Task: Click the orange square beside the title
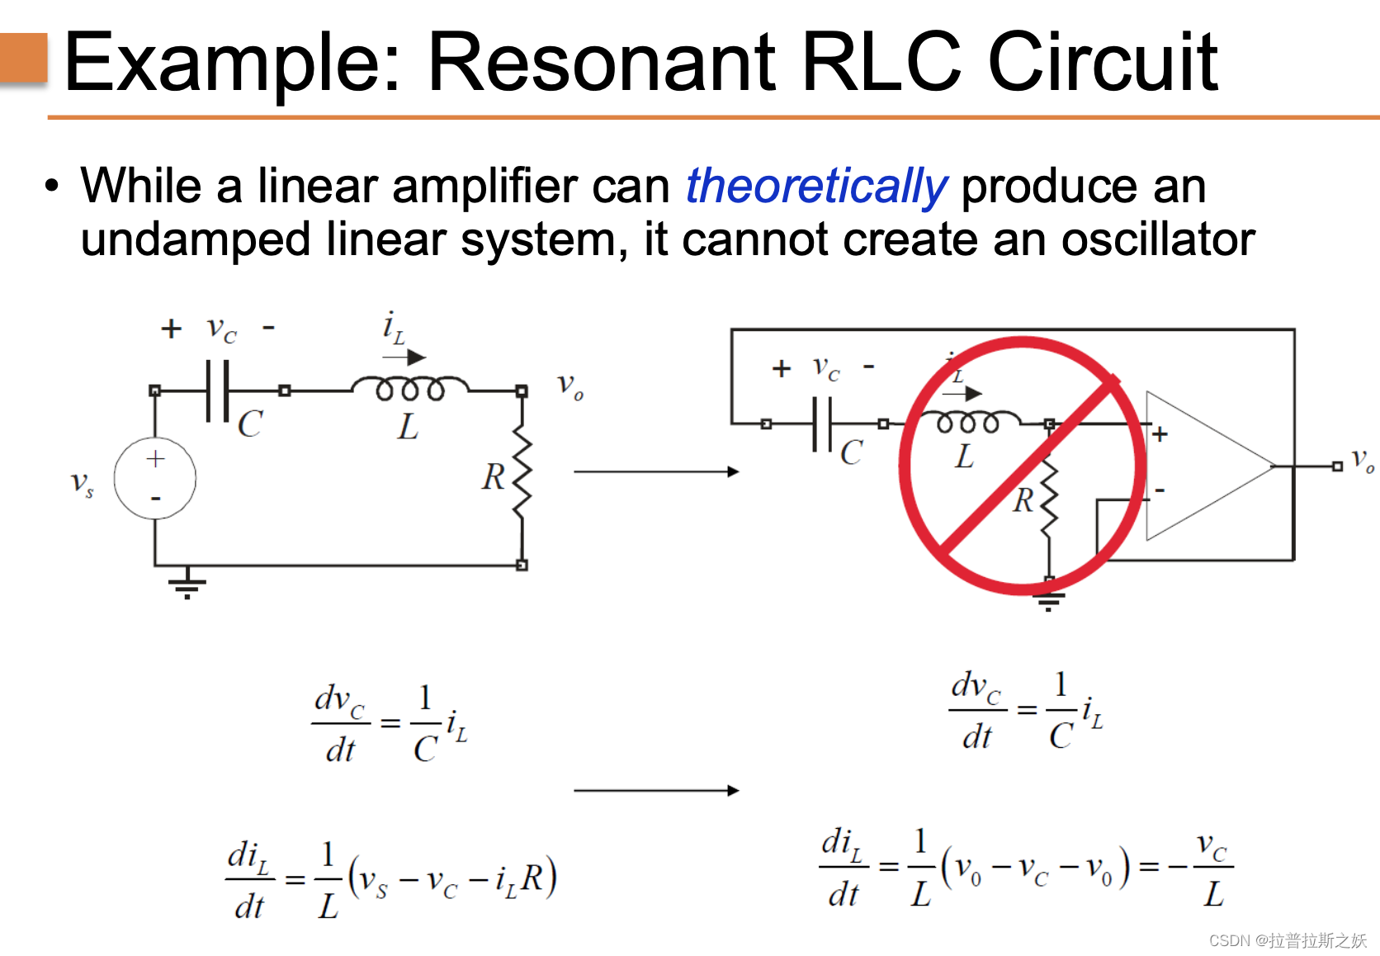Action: pos(23,57)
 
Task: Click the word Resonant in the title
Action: pos(602,61)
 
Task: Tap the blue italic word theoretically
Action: pos(815,186)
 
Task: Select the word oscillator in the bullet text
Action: pos(1157,239)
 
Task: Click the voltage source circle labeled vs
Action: pos(155,478)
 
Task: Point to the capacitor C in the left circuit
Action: pos(218,390)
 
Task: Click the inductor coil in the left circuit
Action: pos(409,387)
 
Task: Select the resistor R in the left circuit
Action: pos(522,474)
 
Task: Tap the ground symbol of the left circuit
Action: pos(187,583)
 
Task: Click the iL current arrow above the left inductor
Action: pos(405,357)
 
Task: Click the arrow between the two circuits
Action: pos(655,471)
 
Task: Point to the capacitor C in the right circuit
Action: pos(822,424)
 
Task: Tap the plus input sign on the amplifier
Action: pos(1160,434)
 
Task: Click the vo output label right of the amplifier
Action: pos(1362,461)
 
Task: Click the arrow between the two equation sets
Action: pos(655,790)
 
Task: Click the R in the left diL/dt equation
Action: pos(532,878)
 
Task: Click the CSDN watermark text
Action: pos(1288,940)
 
